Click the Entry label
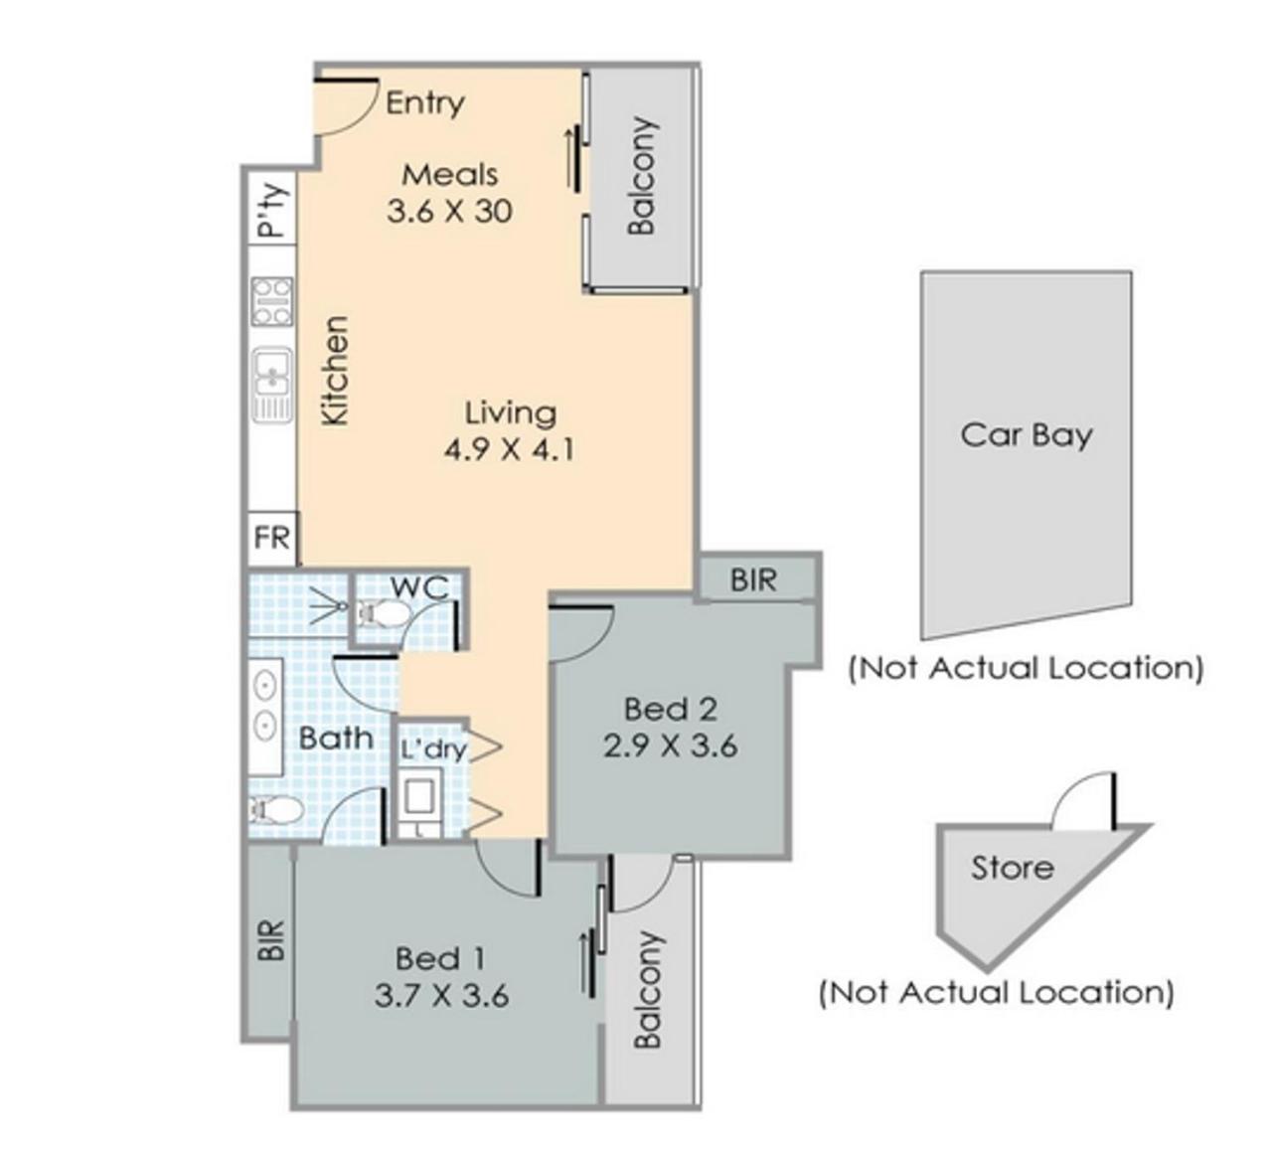pos(425,103)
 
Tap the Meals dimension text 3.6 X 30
pos(449,212)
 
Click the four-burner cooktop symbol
pos(272,301)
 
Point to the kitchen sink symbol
pos(272,385)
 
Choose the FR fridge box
pos(272,538)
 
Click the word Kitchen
pos(335,371)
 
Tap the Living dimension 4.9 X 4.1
pos(509,450)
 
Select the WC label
pos(419,588)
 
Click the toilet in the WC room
pos(385,613)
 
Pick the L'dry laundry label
pos(433,749)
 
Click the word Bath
pos(336,738)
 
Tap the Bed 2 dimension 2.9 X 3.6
pos(670,746)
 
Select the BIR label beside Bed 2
pos(753,579)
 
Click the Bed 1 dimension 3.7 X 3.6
pos(441,996)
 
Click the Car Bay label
pos(1027,435)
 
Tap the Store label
pos(1012,868)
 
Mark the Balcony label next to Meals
pos(642,176)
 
